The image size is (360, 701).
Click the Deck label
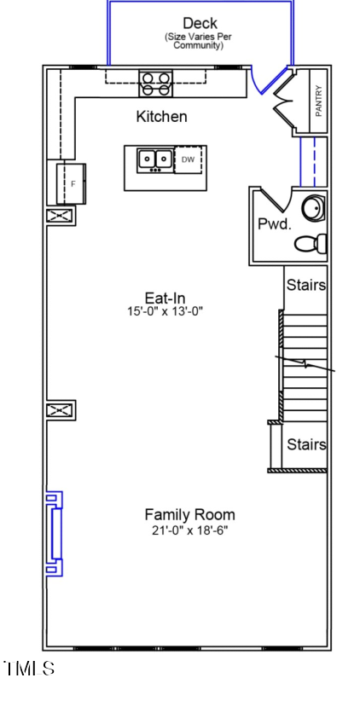[200, 23]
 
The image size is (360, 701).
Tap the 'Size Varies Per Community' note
[199, 41]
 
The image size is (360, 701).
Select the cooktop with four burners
[156, 84]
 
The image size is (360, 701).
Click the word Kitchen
[161, 117]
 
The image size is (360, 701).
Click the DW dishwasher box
[189, 159]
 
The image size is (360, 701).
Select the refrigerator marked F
[73, 182]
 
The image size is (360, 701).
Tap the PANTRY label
[318, 101]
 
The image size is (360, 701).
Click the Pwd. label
[275, 224]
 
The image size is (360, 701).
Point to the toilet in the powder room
[311, 244]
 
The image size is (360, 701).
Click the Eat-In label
[165, 298]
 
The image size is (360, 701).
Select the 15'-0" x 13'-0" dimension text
[165, 312]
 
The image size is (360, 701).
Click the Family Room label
[189, 514]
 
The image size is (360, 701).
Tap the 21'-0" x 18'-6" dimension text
[189, 530]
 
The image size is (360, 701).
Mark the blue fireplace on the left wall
[54, 534]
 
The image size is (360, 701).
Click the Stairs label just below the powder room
[305, 285]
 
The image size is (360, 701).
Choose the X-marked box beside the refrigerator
[60, 216]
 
